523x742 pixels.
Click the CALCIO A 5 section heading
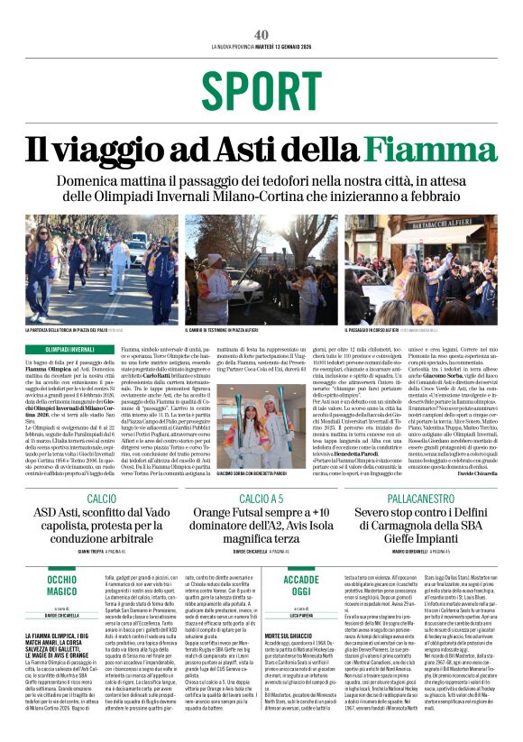pos(261,498)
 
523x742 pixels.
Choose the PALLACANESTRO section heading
pos(419,498)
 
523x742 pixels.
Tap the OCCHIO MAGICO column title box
pos(62,585)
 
